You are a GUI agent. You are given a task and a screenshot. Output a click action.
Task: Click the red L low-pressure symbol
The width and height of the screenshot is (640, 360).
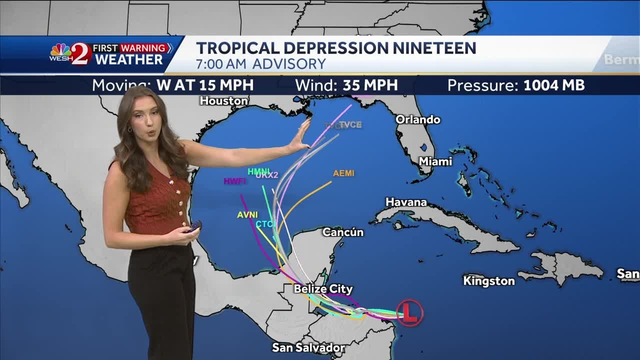click(x=409, y=313)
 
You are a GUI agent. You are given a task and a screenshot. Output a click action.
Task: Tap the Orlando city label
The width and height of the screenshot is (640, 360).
click(x=417, y=119)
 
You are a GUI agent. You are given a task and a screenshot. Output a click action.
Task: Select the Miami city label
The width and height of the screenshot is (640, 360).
click(x=435, y=161)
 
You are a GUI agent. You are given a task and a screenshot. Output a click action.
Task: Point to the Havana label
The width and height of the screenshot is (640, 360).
click(x=406, y=202)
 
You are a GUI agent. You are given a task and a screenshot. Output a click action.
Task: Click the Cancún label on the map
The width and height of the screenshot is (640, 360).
click(x=342, y=232)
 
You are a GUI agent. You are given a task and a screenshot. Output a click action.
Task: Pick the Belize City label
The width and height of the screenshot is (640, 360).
click(x=323, y=289)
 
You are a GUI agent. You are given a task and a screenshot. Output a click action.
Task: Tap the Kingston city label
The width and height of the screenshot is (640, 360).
click(x=488, y=281)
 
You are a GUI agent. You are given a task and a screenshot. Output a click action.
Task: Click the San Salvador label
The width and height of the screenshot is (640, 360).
click(x=308, y=347)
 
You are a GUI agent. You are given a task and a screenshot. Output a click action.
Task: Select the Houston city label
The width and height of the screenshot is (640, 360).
click(x=223, y=100)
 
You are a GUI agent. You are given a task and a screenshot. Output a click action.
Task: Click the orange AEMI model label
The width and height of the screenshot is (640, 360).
click(x=343, y=173)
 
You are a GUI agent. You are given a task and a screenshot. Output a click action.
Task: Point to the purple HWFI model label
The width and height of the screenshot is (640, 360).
click(x=234, y=181)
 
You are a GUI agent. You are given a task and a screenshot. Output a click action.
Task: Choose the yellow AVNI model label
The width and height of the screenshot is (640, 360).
click(x=247, y=215)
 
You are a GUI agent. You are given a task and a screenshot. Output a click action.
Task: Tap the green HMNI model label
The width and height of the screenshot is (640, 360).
click(x=258, y=171)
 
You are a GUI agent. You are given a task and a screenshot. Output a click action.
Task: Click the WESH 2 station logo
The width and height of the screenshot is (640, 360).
click(x=70, y=53)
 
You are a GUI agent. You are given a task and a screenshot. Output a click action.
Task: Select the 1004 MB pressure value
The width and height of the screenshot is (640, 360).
click(x=553, y=85)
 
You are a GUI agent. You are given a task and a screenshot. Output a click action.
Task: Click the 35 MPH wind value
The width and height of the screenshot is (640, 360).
click(x=370, y=85)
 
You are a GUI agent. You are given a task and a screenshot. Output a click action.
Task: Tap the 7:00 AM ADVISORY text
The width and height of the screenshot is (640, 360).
click(x=260, y=64)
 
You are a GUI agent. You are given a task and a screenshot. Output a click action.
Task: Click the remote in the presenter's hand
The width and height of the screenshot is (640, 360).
click(x=192, y=227)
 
